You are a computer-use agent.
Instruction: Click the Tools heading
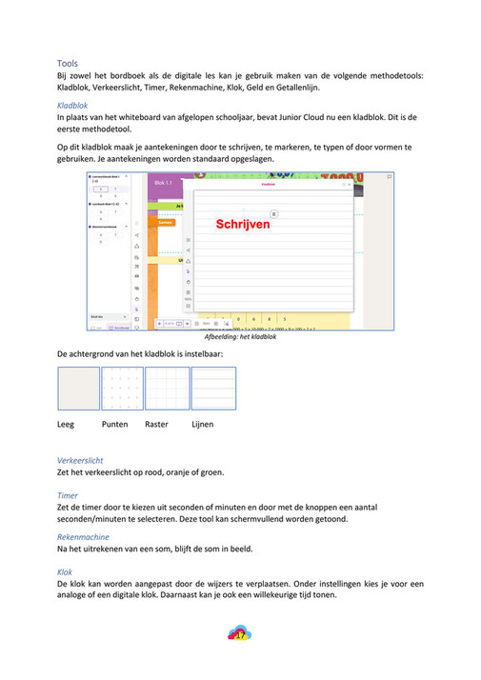(68, 62)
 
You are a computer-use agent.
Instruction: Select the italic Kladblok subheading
(73, 106)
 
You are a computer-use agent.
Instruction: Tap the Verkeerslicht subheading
(81, 460)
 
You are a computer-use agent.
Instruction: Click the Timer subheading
(68, 495)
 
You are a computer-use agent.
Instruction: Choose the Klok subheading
(66, 572)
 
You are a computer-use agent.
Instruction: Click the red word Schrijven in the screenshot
(243, 224)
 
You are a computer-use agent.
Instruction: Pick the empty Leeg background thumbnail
(78, 389)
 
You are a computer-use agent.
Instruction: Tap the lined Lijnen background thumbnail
(213, 389)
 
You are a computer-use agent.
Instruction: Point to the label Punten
(115, 424)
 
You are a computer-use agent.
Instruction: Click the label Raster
(156, 424)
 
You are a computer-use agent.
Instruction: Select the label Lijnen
(202, 424)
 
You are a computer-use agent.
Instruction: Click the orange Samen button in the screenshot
(166, 222)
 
